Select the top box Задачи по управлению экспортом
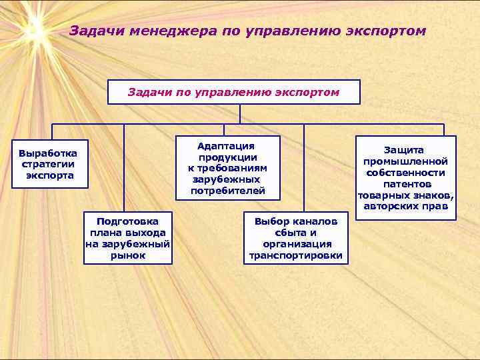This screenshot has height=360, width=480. [x=233, y=92]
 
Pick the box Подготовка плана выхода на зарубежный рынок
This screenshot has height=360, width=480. [x=128, y=237]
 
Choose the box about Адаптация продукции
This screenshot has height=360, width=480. [x=227, y=169]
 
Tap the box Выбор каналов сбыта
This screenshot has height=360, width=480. [x=295, y=238]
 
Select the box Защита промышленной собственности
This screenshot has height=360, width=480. [x=406, y=178]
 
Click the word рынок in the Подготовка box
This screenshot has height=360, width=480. [x=128, y=255]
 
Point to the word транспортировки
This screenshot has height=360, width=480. [x=295, y=255]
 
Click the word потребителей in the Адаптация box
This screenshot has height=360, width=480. [x=227, y=191]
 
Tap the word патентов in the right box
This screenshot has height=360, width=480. [x=407, y=184]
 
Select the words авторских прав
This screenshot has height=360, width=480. [x=407, y=206]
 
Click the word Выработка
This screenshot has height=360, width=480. [x=48, y=153]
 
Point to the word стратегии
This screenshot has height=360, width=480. [x=48, y=164]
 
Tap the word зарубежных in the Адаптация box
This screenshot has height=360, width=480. [x=227, y=179]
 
